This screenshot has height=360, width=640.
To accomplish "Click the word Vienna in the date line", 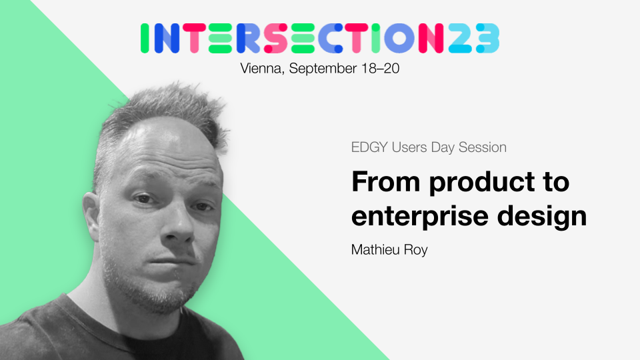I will point(261,68).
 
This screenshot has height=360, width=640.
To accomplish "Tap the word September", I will point(320,68).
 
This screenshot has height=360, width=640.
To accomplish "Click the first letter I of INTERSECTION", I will point(145,39).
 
